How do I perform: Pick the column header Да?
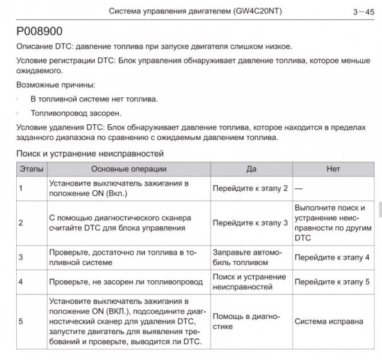tap(251, 169)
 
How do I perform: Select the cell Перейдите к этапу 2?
tap(250, 188)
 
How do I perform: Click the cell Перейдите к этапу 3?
tap(250, 223)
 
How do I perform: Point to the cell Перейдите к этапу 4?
tap(332, 257)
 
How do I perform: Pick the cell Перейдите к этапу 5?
tap(332, 281)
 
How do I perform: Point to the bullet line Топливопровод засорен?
tap(76, 112)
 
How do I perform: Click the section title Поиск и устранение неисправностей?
tap(89, 154)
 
